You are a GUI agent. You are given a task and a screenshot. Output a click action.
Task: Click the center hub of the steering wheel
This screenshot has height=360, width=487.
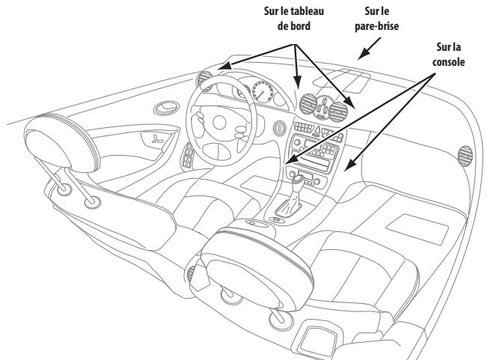[221, 120]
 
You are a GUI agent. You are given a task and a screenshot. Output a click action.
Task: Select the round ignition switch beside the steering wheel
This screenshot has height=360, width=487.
[278, 126]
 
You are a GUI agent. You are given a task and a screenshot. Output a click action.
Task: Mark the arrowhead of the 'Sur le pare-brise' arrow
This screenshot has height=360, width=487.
[357, 56]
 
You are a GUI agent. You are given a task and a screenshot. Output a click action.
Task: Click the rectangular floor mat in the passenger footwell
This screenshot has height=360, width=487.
[408, 222]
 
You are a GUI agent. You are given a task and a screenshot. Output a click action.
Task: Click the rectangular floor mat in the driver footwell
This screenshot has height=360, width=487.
[256, 183]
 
